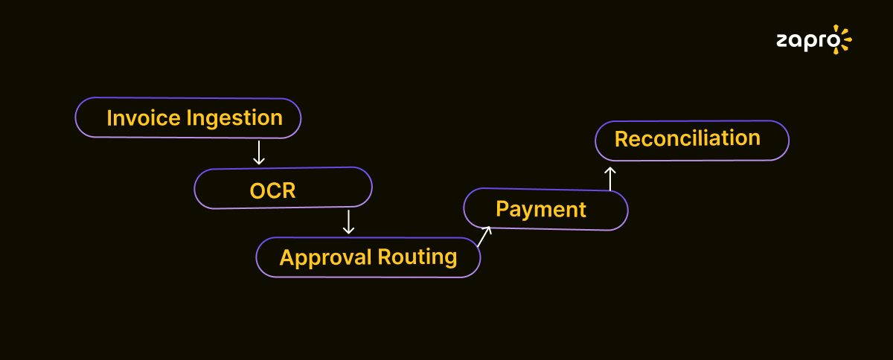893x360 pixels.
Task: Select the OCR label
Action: pos(272,191)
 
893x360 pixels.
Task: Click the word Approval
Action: pos(325,258)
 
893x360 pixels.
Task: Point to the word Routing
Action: pos(417,258)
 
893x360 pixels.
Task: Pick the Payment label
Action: pos(541,210)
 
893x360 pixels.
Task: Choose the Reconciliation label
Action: pos(687,138)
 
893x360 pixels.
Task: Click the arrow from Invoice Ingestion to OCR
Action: pos(258,152)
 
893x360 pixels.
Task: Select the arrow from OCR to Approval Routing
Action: pos(348,222)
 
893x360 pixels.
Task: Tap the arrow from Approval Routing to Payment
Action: pos(485,236)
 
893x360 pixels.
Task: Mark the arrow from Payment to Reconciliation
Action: pos(610,179)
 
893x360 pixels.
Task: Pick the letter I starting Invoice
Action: pos(110,118)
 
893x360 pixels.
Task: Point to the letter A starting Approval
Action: pos(287,257)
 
